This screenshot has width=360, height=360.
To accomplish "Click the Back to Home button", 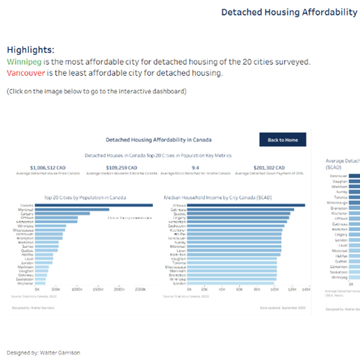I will coord(282,140).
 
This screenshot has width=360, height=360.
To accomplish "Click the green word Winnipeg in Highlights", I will coord(24,62).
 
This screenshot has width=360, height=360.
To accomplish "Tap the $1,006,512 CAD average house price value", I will coord(48,168).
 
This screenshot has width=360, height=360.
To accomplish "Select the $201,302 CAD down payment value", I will coord(269,168).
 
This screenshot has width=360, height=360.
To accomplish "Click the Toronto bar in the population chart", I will coord(94,205).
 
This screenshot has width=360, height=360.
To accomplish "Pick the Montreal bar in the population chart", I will coord(72,209).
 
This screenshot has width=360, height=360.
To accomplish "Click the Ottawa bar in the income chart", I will coord(246,205).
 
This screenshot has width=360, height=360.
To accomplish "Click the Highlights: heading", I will coord(30,50).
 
